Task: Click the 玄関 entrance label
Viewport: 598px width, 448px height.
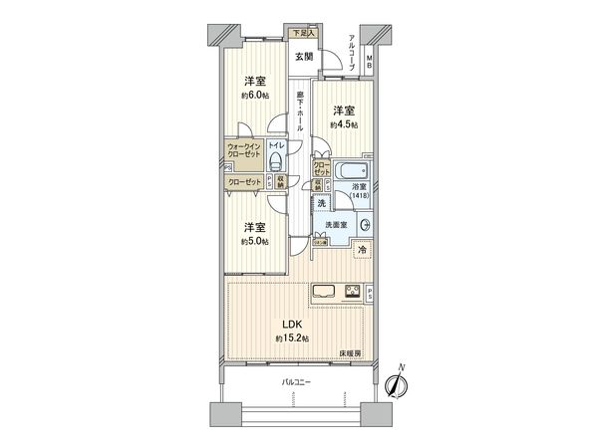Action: (302, 57)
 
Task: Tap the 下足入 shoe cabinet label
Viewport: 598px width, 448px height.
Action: (301, 34)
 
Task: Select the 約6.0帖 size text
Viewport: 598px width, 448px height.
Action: (255, 96)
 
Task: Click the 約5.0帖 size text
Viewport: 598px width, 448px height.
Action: (254, 240)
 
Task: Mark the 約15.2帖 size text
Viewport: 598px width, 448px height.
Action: (292, 339)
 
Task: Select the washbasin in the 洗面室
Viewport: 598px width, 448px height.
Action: (363, 225)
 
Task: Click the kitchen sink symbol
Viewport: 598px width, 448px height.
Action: (325, 293)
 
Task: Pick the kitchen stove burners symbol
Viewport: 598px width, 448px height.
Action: (352, 293)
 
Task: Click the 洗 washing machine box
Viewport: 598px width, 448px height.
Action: (321, 204)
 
